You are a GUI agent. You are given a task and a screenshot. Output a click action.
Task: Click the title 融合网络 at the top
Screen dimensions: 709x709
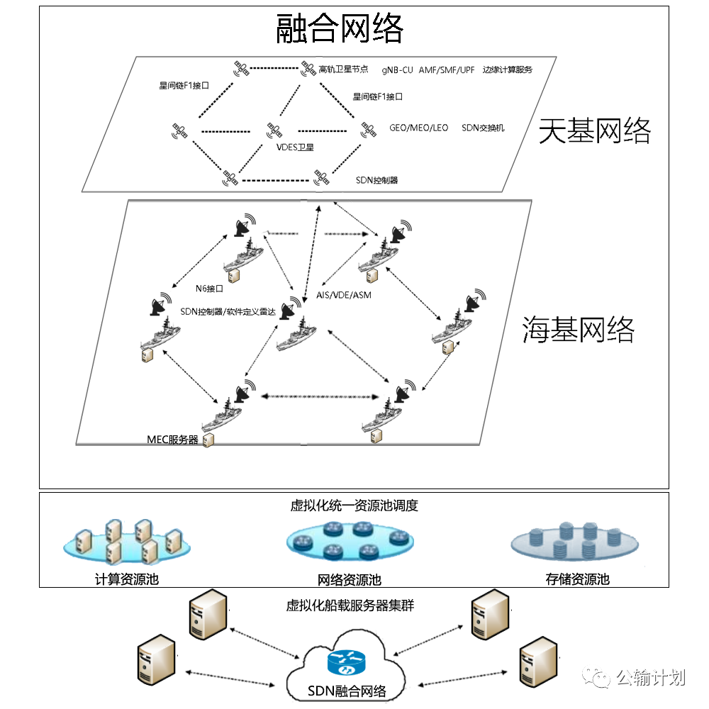click(339, 28)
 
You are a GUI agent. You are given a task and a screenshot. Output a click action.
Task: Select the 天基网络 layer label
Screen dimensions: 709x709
click(595, 131)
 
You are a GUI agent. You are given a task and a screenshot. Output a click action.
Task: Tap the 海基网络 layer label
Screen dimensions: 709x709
click(579, 329)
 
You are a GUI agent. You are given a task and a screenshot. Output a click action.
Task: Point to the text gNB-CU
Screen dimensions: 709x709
click(397, 70)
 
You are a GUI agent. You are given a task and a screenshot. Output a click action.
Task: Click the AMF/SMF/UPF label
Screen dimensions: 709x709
click(447, 70)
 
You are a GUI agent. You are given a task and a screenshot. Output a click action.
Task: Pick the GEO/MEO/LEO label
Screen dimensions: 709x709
click(419, 128)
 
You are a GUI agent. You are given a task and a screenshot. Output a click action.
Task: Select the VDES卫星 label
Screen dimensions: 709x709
click(295, 147)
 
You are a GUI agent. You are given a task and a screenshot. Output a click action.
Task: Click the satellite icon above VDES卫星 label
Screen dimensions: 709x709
click(274, 130)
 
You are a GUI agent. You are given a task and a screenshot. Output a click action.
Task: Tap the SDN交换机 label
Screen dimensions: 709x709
click(483, 128)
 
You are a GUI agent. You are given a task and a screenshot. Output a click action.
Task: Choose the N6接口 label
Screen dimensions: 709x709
click(209, 289)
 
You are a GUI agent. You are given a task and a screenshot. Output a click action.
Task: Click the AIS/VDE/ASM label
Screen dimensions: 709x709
click(344, 295)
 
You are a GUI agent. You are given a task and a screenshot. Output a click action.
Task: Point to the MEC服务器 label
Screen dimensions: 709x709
click(173, 440)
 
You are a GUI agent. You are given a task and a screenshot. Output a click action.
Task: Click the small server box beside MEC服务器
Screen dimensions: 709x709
click(208, 440)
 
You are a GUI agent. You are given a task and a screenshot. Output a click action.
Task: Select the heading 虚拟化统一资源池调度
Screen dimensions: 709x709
click(354, 506)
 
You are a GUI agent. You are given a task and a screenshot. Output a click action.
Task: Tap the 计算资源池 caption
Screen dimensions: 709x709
click(127, 579)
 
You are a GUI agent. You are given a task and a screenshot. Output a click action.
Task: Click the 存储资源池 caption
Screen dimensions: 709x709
click(577, 579)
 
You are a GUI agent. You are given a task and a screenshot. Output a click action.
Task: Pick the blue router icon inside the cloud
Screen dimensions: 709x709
click(346, 662)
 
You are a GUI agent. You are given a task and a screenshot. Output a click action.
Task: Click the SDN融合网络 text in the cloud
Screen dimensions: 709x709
click(347, 691)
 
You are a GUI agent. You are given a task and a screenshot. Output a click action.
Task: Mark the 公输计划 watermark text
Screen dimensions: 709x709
click(651, 678)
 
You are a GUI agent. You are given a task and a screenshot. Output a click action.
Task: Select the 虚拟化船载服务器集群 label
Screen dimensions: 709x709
click(350, 605)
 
